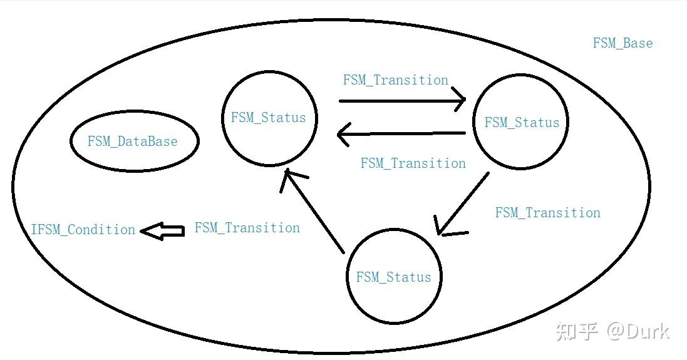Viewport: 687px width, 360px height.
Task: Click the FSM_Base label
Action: (x=622, y=43)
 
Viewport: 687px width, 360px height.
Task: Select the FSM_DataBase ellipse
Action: (x=134, y=141)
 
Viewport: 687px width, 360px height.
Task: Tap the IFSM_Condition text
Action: (x=83, y=230)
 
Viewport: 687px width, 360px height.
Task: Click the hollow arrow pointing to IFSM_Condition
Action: (x=162, y=231)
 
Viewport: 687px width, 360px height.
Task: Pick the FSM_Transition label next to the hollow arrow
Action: (x=247, y=228)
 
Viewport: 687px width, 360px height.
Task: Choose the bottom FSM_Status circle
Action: (x=394, y=301)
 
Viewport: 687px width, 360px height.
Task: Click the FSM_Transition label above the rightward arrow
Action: (x=395, y=80)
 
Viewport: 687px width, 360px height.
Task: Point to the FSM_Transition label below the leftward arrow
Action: (x=413, y=163)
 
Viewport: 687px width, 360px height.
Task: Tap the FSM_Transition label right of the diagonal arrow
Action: (x=547, y=213)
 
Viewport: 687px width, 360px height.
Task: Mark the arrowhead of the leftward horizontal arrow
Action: (x=343, y=134)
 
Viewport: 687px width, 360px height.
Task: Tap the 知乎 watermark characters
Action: (x=577, y=331)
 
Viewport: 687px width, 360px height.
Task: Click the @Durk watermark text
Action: (x=638, y=331)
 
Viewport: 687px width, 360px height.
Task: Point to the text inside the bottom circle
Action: (x=394, y=277)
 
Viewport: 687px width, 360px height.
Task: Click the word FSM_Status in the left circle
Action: (x=268, y=117)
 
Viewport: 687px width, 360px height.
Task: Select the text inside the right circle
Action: (x=522, y=122)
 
